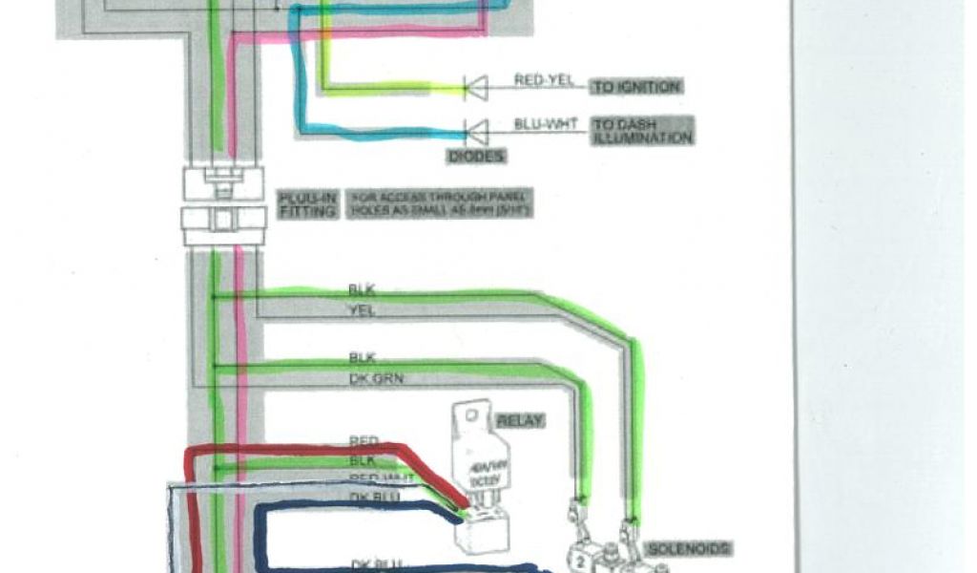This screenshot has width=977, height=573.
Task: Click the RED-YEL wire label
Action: click(x=544, y=80)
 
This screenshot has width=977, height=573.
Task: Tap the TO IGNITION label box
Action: click(x=637, y=87)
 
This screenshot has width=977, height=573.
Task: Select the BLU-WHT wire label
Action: click(x=544, y=124)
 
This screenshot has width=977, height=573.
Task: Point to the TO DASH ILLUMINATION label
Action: click(x=642, y=131)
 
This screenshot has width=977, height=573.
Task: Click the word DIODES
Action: click(x=475, y=155)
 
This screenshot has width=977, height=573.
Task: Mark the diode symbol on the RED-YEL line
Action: click(x=475, y=88)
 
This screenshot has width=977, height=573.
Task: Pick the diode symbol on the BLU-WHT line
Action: click(x=475, y=129)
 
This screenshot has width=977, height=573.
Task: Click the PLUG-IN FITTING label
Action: click(x=307, y=204)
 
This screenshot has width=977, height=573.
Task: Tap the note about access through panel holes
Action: click(x=441, y=204)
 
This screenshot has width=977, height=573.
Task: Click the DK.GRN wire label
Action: click(x=376, y=379)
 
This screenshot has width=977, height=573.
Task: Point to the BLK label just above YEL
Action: click(x=361, y=288)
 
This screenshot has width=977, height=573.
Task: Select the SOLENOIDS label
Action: click(x=690, y=548)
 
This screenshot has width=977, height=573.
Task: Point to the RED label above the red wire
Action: click(x=364, y=441)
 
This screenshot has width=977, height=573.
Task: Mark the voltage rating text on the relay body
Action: click(x=483, y=475)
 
